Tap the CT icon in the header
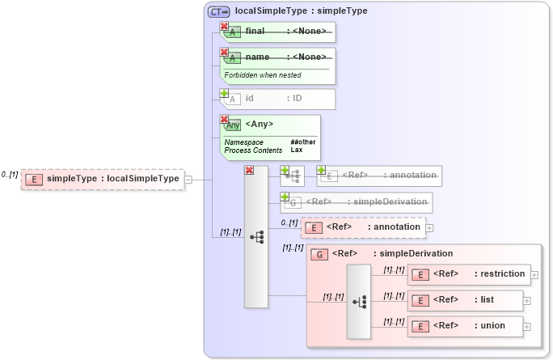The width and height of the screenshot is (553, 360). pos(218,11)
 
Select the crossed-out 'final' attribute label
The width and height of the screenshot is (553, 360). pos(255,31)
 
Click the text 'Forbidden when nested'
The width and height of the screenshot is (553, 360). pos(263,75)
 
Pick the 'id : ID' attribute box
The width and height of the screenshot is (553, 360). pos(278,99)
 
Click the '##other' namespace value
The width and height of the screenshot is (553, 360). pos(302,142)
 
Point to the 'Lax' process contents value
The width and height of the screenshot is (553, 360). pos(296,150)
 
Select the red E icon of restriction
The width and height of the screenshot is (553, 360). pos(419,273)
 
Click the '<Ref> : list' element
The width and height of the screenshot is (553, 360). pos(464,300)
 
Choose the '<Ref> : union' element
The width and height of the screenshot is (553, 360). pos(464,326)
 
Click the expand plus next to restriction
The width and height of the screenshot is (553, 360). pos(534,274)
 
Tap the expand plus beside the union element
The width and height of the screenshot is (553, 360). pos(527,327)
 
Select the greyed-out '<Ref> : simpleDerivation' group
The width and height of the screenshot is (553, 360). pos(356,201)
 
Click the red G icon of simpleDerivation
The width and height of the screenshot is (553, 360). pos(319,254)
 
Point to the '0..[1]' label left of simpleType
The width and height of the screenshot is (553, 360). pos(10,175)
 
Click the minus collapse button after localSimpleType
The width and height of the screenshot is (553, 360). pos(188,180)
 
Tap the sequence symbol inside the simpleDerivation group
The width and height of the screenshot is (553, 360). pos(359,301)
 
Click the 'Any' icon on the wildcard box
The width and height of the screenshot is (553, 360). pos(233,125)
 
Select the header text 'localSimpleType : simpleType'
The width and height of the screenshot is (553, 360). pos(301,11)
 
